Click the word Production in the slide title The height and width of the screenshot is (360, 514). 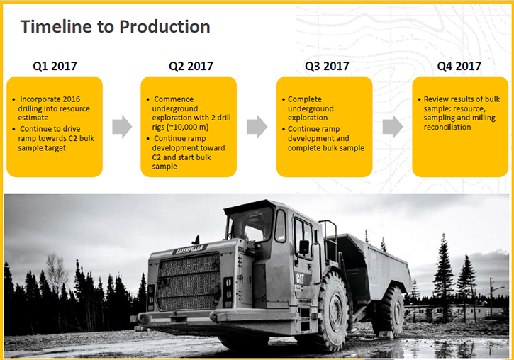tap(164, 26)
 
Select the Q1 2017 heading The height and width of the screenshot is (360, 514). tap(55, 66)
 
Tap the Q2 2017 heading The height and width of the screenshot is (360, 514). tap(191, 66)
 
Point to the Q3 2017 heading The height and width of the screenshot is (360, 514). tap(327, 66)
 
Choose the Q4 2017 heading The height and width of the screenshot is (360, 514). tap(459, 66)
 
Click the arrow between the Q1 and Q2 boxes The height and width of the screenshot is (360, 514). tap(122, 126)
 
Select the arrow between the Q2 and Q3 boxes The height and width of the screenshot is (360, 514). tap(257, 126)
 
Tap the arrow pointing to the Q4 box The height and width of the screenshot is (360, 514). tap(393, 126)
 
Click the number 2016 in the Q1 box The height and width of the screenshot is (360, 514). tap(71, 99)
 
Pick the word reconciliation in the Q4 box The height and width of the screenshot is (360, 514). tap(447, 127)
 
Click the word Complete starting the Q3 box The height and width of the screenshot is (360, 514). tap(305, 99)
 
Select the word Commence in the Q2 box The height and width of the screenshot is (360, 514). tap(174, 99)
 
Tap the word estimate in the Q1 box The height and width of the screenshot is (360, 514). tap(33, 118)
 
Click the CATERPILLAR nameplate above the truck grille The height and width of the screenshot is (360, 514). tap(190, 249)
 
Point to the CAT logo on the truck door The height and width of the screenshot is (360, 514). tap(300, 279)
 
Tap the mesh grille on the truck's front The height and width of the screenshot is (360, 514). tap(189, 281)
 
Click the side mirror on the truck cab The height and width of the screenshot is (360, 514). tap(304, 247)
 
